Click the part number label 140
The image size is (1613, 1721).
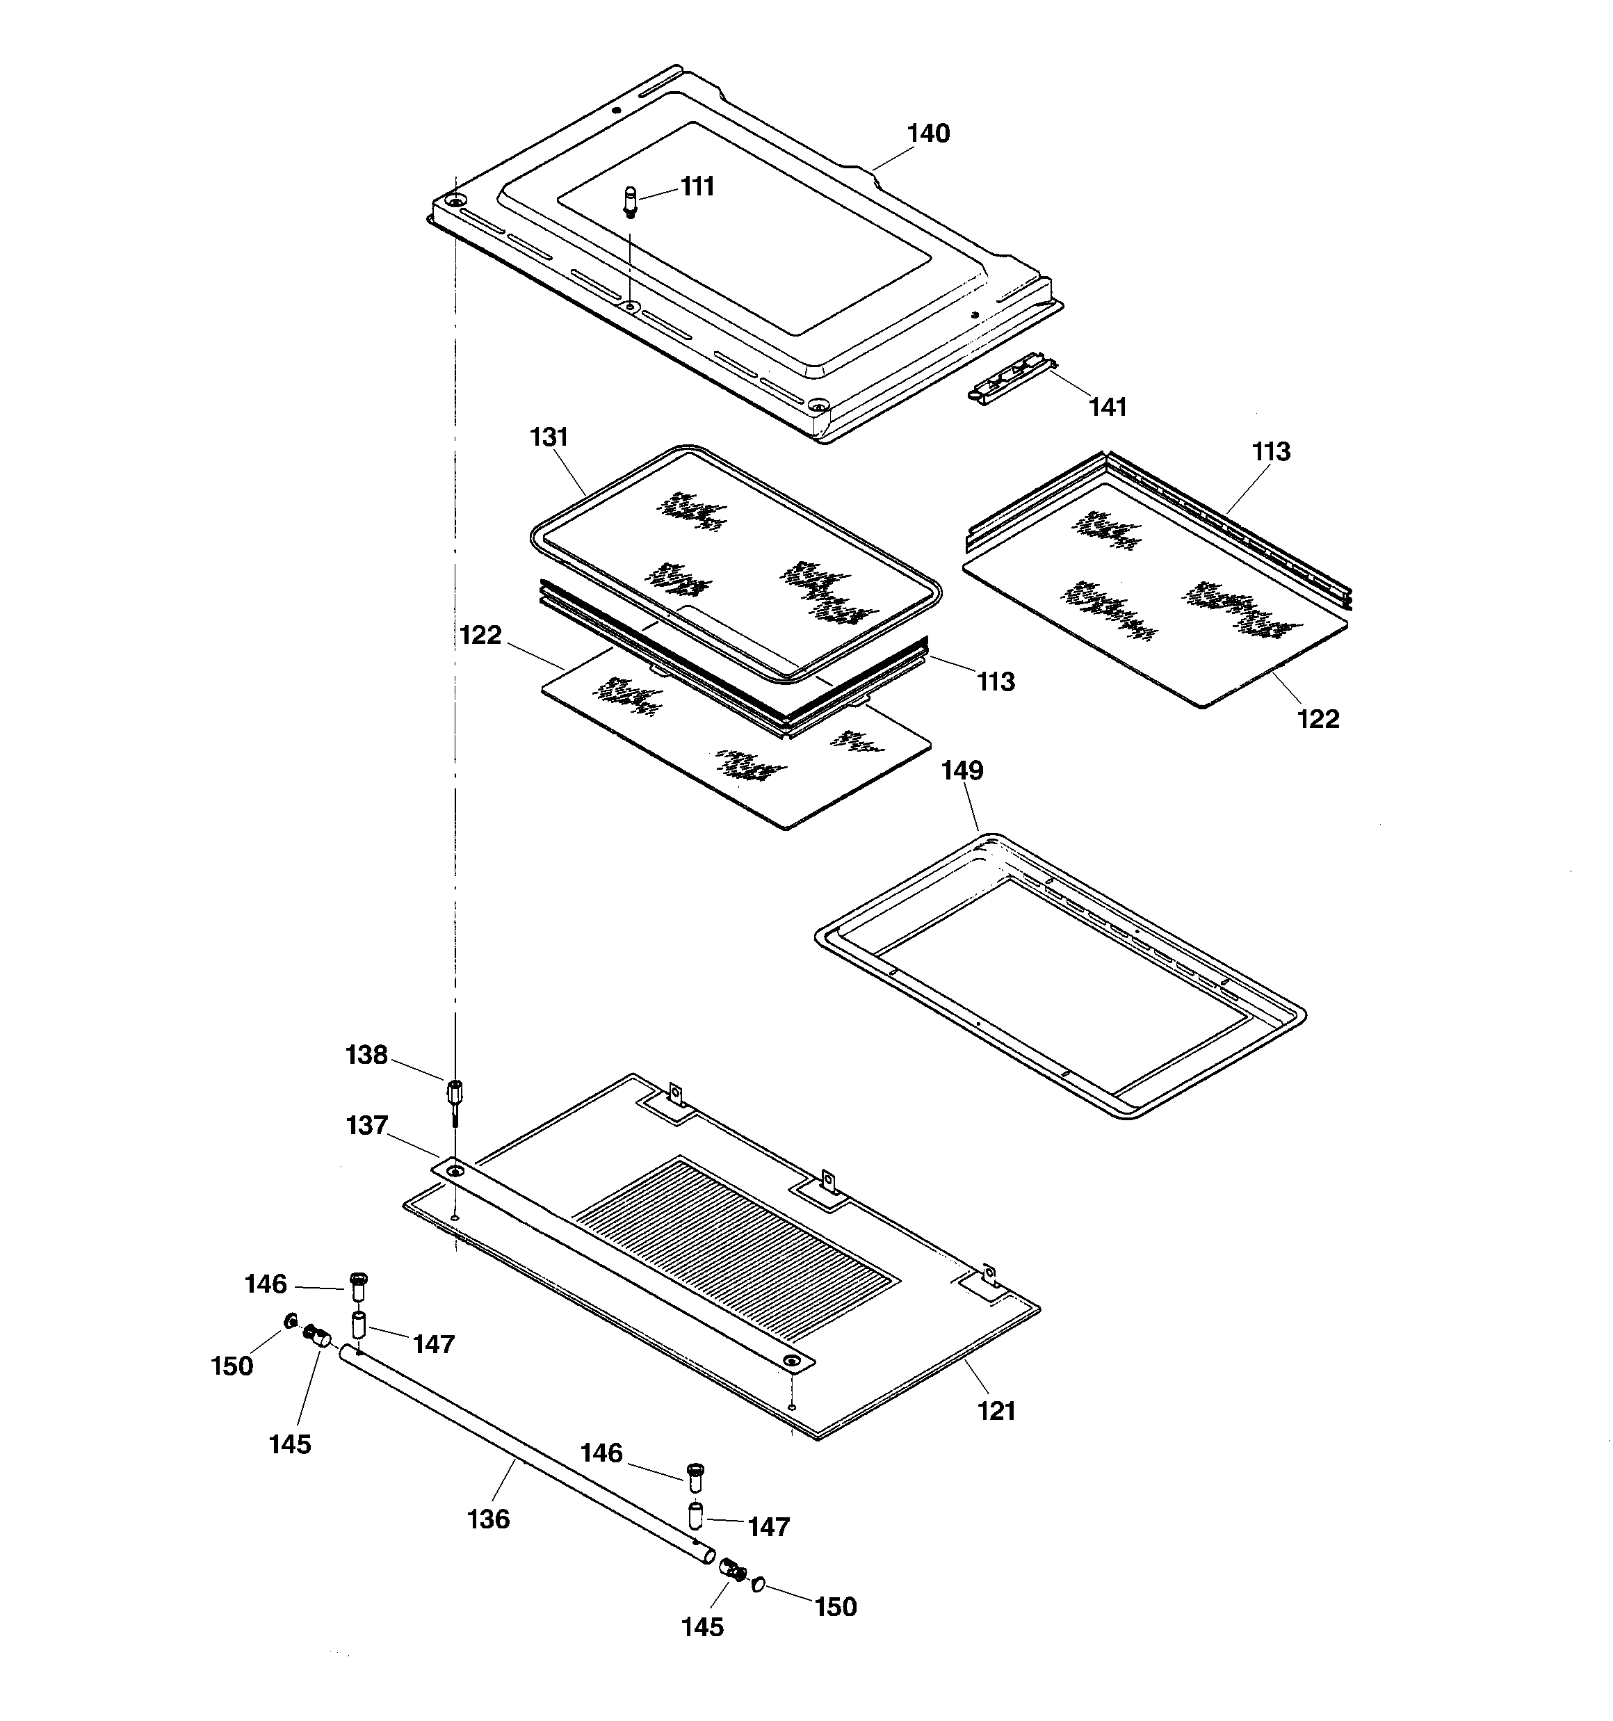pyautogui.click(x=927, y=134)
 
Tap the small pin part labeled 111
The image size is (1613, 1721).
pyautogui.click(x=631, y=202)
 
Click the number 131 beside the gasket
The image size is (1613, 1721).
pyautogui.click(x=549, y=437)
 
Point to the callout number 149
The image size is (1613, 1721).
pyautogui.click(x=962, y=770)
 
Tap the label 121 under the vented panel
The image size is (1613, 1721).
pyautogui.click(x=996, y=1411)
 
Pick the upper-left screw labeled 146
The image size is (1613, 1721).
pyautogui.click(x=357, y=1286)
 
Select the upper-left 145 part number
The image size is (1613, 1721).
pyautogui.click(x=289, y=1444)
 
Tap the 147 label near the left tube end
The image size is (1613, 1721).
pyautogui.click(x=433, y=1343)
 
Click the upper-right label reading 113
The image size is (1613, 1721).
pyautogui.click(x=1270, y=451)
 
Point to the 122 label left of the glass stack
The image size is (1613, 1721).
pyautogui.click(x=480, y=635)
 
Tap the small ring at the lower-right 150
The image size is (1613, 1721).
pyautogui.click(x=759, y=1583)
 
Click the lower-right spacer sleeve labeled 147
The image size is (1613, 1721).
pyautogui.click(x=695, y=1517)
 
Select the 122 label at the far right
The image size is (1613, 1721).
pyautogui.click(x=1318, y=718)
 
